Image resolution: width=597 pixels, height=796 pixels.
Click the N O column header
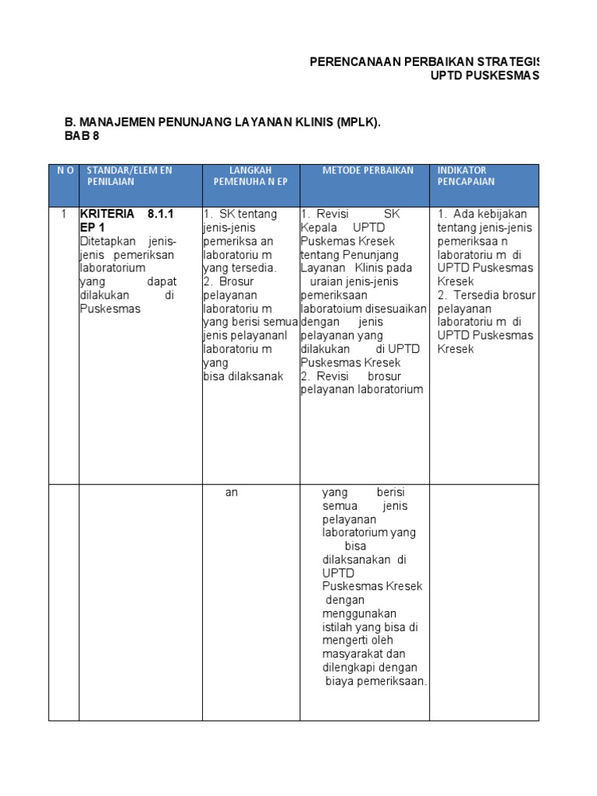click(x=63, y=170)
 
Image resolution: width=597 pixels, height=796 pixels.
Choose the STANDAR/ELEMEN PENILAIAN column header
click(x=128, y=176)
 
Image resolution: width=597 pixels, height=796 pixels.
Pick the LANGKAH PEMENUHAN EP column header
click(x=250, y=176)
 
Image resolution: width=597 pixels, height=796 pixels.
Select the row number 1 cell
click(x=64, y=214)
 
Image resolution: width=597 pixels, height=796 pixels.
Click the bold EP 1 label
click(x=92, y=228)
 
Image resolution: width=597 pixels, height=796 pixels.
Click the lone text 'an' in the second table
click(x=231, y=493)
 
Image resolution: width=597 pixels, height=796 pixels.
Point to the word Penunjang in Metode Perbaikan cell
click(x=373, y=255)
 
